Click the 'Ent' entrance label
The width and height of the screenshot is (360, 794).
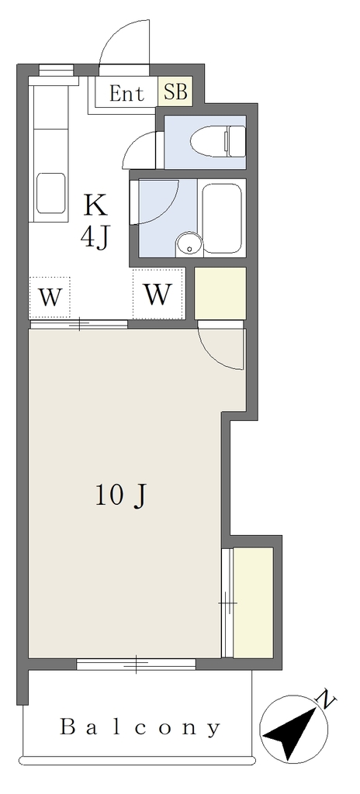pos(126,94)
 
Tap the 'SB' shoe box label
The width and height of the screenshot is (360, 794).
pos(175,92)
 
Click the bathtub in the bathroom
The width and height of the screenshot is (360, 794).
pos(222,218)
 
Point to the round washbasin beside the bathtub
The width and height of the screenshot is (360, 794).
pos(189,245)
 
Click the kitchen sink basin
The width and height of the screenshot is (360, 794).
pos(51,193)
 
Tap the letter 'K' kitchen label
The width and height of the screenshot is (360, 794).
pos(95,205)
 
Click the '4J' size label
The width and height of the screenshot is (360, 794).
pos(95,236)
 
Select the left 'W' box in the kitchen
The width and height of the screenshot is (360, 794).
pos(50,298)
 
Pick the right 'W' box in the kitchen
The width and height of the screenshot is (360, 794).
pos(157,294)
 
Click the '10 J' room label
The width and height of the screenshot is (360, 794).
pos(121,495)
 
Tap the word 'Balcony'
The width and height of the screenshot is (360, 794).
pos(140,727)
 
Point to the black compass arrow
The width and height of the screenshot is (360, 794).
pos(292,730)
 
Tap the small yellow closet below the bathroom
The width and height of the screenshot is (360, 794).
pos(220,293)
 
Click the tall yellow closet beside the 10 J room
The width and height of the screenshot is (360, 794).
pos(253,602)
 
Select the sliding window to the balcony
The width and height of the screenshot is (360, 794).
pos(136,664)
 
